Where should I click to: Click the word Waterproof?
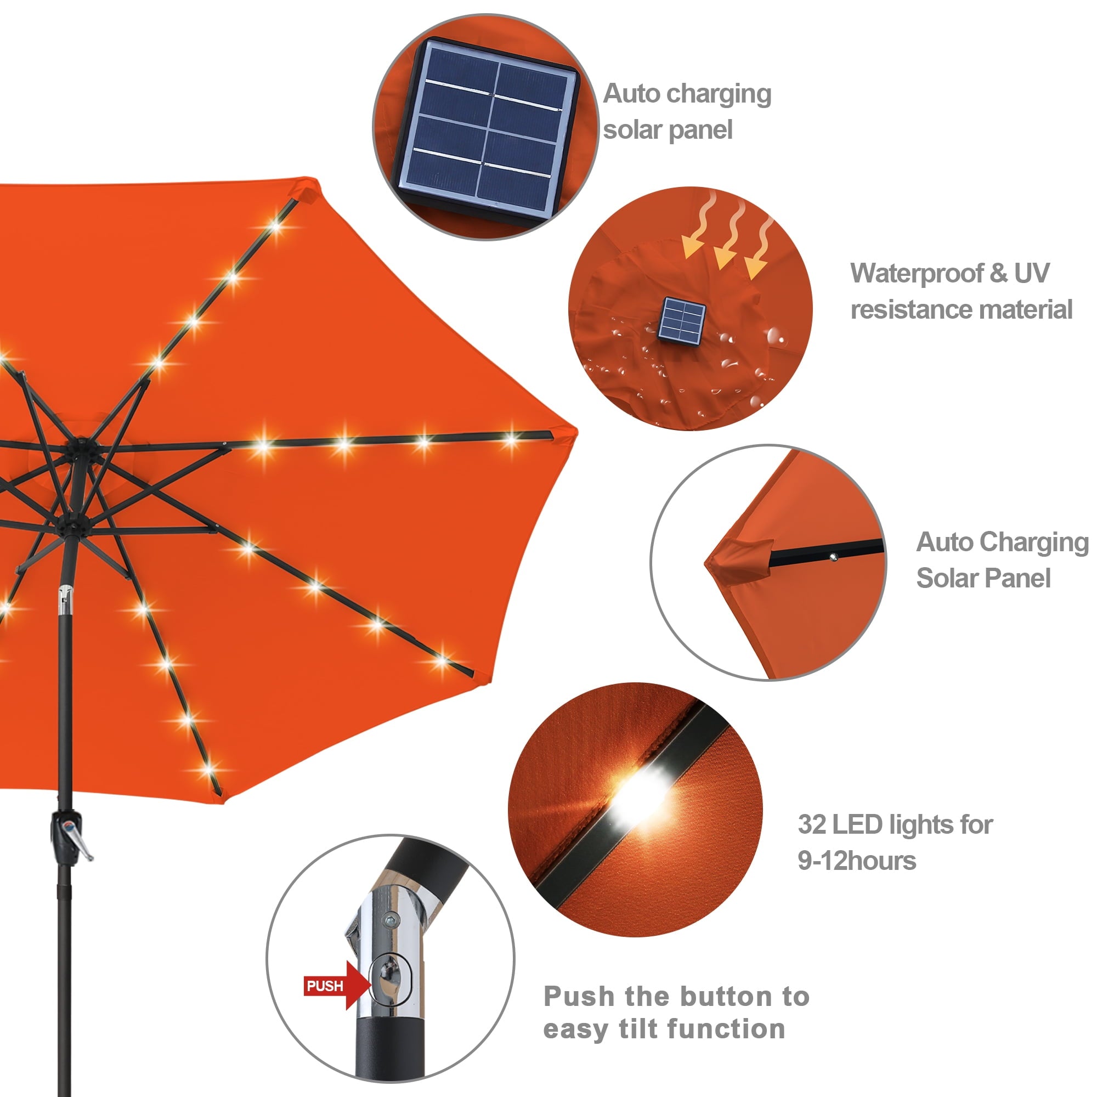[x=917, y=274]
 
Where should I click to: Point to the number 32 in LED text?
[x=811, y=824]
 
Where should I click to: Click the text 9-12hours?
[x=856, y=861]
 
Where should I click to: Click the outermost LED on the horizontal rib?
[x=511, y=438]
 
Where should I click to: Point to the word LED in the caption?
[x=857, y=824]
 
